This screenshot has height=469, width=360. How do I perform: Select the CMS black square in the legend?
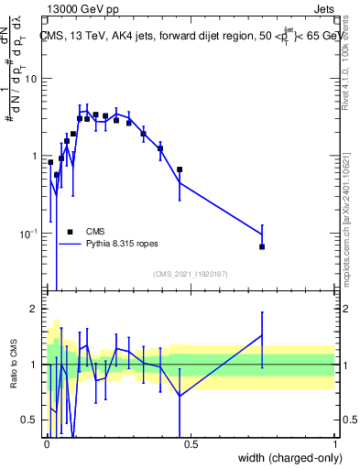coord(70,232)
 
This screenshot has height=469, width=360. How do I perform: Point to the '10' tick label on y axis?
coord(31,78)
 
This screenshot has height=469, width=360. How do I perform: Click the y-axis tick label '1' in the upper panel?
coord(35,156)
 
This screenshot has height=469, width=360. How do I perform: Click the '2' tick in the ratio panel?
coord(35,309)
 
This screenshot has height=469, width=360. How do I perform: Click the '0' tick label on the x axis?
coord(47,444)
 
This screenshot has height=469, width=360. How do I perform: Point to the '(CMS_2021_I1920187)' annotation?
coord(190,274)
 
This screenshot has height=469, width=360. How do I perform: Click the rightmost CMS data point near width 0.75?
coord(262,246)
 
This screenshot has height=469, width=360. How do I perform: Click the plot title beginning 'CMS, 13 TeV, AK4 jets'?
coord(190,36)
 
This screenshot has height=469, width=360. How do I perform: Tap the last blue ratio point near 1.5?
coord(262,335)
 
